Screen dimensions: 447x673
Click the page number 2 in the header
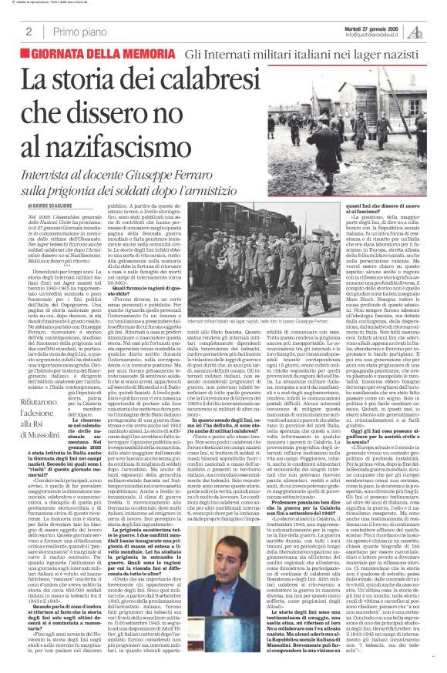point(28,31)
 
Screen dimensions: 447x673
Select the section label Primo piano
point(77,31)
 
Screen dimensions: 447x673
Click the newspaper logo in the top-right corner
point(436,30)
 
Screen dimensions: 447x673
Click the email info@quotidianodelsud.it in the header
point(383,35)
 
